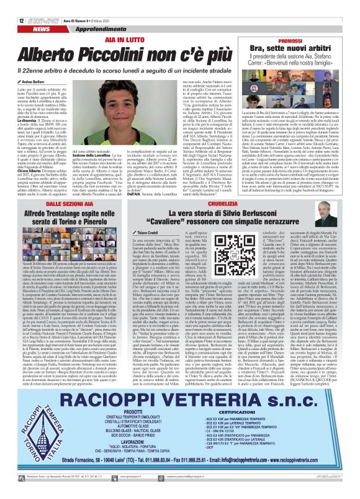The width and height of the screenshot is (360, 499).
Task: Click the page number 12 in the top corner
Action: pyautogui.click(x=12, y=4)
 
